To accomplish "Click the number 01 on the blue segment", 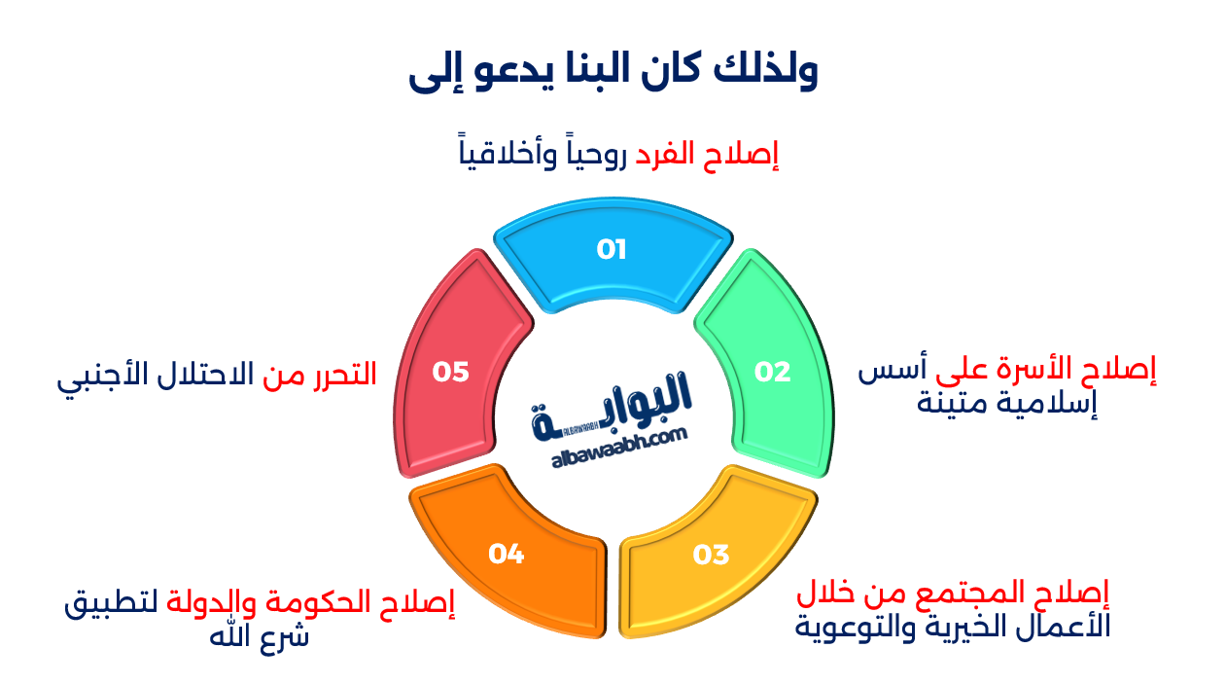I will click(612, 250).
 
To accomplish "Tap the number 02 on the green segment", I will click(773, 372).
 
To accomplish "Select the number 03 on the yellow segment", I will click(711, 555).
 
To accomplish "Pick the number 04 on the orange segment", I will click(507, 555).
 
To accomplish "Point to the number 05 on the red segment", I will click(451, 372).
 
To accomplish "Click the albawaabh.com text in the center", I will click(619, 450).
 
